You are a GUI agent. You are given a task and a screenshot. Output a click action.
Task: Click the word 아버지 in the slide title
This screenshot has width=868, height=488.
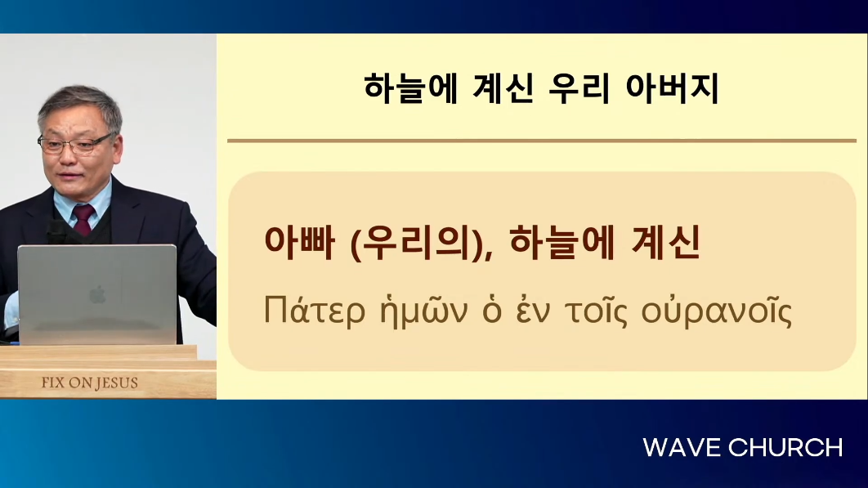coord(672,88)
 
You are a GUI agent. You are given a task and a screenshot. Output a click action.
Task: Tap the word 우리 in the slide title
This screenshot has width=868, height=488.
coord(579,88)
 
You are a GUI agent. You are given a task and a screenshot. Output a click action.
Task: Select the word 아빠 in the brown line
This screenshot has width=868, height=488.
coord(299,242)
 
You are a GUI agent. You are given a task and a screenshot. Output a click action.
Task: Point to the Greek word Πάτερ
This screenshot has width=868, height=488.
coord(315,311)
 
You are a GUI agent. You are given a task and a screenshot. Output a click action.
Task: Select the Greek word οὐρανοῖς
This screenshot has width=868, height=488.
coord(717,312)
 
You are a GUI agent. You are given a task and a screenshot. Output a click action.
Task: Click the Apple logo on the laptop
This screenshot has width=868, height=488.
coord(97,295)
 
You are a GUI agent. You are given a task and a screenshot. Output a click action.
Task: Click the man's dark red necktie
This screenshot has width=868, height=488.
coord(83,218)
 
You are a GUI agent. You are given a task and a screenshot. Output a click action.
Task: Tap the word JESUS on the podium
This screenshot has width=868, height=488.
coord(117,383)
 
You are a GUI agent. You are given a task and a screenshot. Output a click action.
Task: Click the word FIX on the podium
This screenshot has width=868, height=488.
coord(53,383)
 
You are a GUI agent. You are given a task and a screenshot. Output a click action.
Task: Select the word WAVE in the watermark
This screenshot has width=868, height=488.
coord(682,448)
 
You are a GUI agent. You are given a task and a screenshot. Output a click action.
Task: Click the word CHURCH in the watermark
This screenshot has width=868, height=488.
coord(785,448)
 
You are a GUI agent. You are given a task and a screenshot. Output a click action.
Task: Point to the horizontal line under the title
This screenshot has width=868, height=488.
coord(542,141)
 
